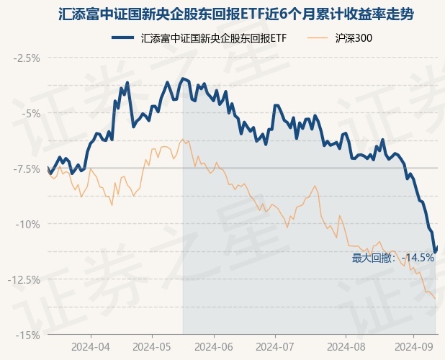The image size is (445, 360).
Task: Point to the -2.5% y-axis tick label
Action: tap(27, 58)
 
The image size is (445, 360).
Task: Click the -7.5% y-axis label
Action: tap(27, 168)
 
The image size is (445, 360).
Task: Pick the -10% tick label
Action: tap(29, 224)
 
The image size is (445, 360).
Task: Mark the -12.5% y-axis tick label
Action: tap(25, 279)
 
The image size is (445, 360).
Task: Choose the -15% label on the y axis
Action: tap(29, 335)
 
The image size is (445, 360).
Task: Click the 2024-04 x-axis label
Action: tap(91, 347)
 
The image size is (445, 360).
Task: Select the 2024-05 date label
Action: tap(152, 347)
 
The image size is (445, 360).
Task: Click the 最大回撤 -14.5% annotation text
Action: tap(392, 258)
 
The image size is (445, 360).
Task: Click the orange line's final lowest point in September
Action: tap(435, 298)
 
